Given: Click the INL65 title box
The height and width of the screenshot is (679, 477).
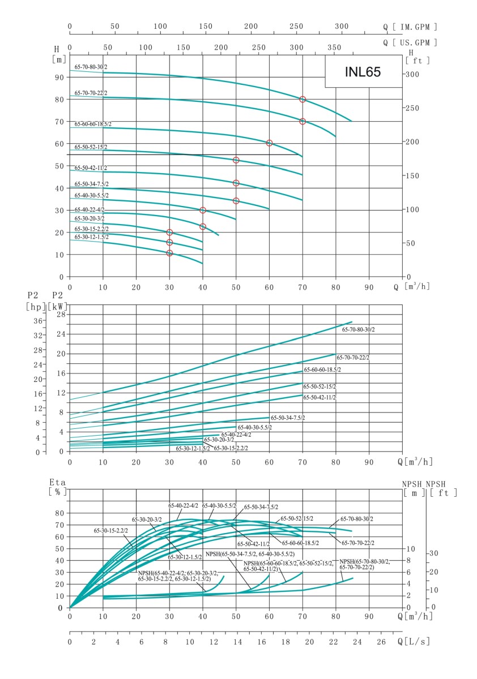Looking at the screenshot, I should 363,72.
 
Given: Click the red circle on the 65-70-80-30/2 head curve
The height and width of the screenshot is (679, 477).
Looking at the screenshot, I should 303,99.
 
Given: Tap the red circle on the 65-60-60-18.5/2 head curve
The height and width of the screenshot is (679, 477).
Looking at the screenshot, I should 269,143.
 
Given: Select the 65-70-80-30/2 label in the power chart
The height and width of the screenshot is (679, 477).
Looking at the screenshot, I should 357,329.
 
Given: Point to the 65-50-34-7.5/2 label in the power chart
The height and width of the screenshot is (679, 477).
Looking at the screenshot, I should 288,418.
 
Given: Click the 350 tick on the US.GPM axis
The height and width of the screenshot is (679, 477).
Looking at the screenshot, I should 335,48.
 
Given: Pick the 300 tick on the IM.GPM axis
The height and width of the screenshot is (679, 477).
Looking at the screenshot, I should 342,27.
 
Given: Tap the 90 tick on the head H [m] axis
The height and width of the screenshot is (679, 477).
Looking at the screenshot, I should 59,77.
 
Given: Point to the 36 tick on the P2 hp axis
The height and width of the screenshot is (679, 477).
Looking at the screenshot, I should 39,321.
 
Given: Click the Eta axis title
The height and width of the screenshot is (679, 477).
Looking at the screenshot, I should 58,482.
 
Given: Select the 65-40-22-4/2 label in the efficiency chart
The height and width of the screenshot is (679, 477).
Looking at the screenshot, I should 183,505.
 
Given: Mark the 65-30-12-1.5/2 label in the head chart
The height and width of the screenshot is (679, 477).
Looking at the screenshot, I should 91,237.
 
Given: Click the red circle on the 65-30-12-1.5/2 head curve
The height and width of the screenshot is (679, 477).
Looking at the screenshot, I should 169,253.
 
